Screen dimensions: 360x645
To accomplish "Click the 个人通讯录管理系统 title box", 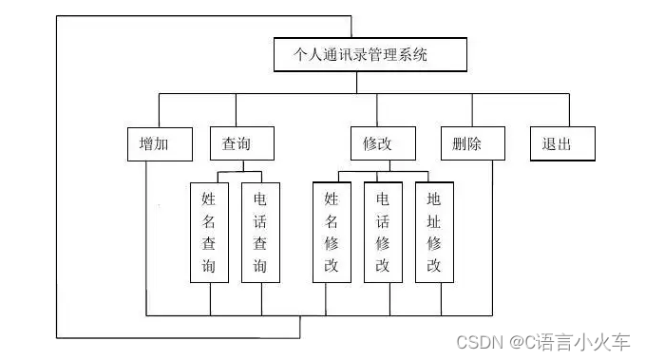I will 370,55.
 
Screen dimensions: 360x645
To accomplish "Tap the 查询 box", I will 242,144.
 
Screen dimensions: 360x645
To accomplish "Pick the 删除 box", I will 466,144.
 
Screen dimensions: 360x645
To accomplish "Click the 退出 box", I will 562,144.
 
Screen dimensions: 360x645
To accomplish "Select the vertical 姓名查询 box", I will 209,233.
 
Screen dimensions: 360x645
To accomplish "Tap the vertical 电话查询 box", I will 260,233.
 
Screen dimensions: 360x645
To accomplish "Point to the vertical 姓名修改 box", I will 332,232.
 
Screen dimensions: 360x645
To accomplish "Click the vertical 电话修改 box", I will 383,232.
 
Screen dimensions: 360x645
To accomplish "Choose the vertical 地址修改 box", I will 434,232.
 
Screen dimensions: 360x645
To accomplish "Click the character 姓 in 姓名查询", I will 209,199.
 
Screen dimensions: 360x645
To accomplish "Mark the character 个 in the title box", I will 303,55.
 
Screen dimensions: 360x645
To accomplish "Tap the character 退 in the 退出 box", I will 551,144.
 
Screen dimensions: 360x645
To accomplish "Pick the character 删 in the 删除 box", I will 458,144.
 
